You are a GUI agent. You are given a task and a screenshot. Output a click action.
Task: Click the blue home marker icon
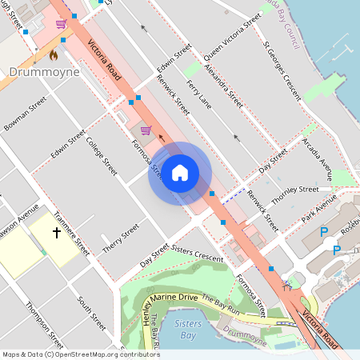180,172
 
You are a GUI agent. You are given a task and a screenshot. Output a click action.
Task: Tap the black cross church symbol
57,233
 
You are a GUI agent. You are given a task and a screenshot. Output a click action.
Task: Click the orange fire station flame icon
53,55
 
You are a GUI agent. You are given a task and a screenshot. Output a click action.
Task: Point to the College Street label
102,157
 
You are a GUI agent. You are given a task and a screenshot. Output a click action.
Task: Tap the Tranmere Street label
70,233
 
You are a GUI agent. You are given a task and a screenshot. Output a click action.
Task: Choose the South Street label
91,314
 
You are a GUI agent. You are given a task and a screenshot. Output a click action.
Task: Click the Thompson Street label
39,320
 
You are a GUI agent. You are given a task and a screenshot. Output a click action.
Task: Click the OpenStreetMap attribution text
80,354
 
